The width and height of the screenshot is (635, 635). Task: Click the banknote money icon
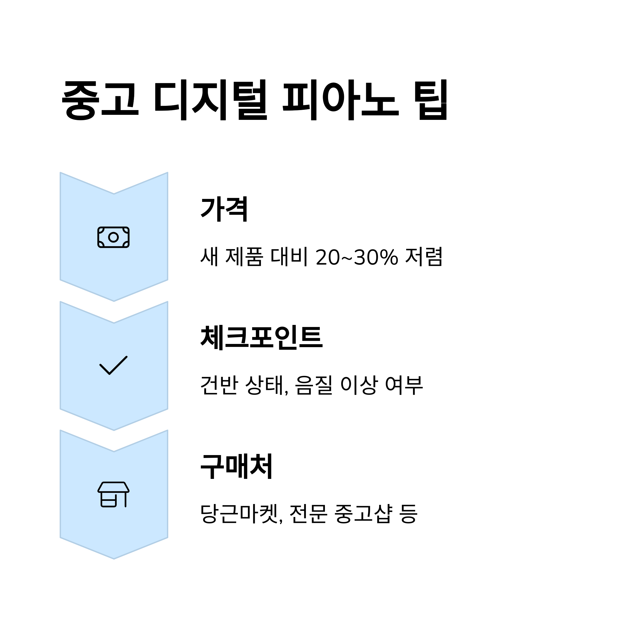(x=114, y=237)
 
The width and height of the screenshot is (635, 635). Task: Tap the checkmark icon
(x=114, y=365)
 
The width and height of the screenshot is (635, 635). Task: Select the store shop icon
(x=114, y=494)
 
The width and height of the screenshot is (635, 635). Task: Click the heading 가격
(x=224, y=209)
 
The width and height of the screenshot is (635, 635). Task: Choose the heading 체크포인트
(x=262, y=338)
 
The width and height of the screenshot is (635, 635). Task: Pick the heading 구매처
(x=237, y=467)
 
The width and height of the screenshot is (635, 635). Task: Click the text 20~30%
(x=357, y=257)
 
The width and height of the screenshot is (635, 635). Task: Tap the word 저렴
(x=424, y=257)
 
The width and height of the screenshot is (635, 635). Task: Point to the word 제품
(x=244, y=257)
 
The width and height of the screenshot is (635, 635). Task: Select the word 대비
(x=289, y=257)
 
